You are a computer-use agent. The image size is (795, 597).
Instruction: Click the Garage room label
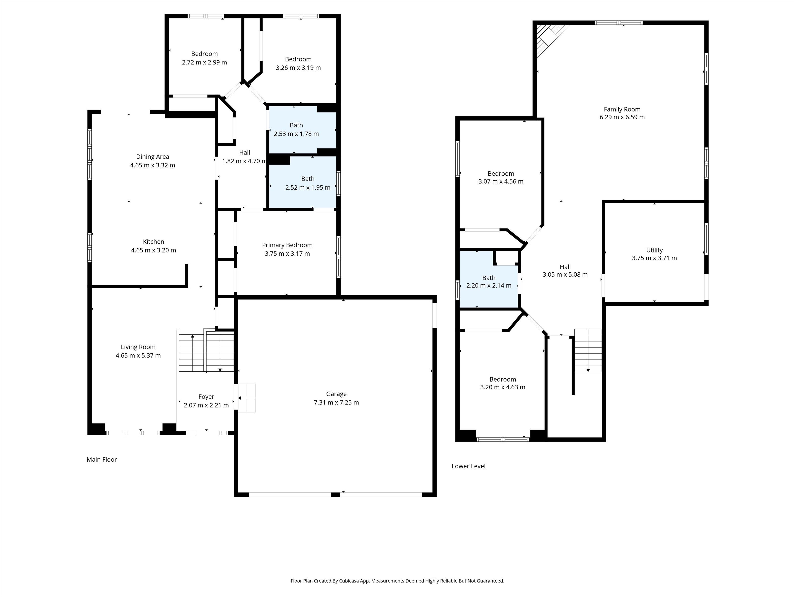tap(336, 394)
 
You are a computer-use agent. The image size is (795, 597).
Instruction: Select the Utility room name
tap(654, 250)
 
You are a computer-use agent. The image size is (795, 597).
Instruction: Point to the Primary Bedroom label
tap(287, 245)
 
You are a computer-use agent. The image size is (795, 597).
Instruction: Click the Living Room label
tap(138, 347)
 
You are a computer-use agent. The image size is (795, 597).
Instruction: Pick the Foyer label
tap(206, 397)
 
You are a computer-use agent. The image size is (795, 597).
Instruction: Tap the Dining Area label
tap(152, 156)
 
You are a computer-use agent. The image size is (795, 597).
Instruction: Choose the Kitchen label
tap(154, 242)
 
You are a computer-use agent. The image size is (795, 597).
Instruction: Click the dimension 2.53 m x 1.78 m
tap(296, 134)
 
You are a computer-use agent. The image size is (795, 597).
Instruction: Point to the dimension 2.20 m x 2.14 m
tap(489, 285)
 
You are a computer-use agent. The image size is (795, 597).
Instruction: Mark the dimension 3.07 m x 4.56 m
tap(501, 181)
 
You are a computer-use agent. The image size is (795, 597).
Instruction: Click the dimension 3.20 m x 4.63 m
tap(502, 387)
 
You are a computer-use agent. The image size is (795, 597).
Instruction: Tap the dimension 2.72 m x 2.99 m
tap(204, 62)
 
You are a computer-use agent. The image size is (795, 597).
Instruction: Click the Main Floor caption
tap(102, 459)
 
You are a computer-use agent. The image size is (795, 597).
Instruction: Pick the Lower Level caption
tap(468, 466)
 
